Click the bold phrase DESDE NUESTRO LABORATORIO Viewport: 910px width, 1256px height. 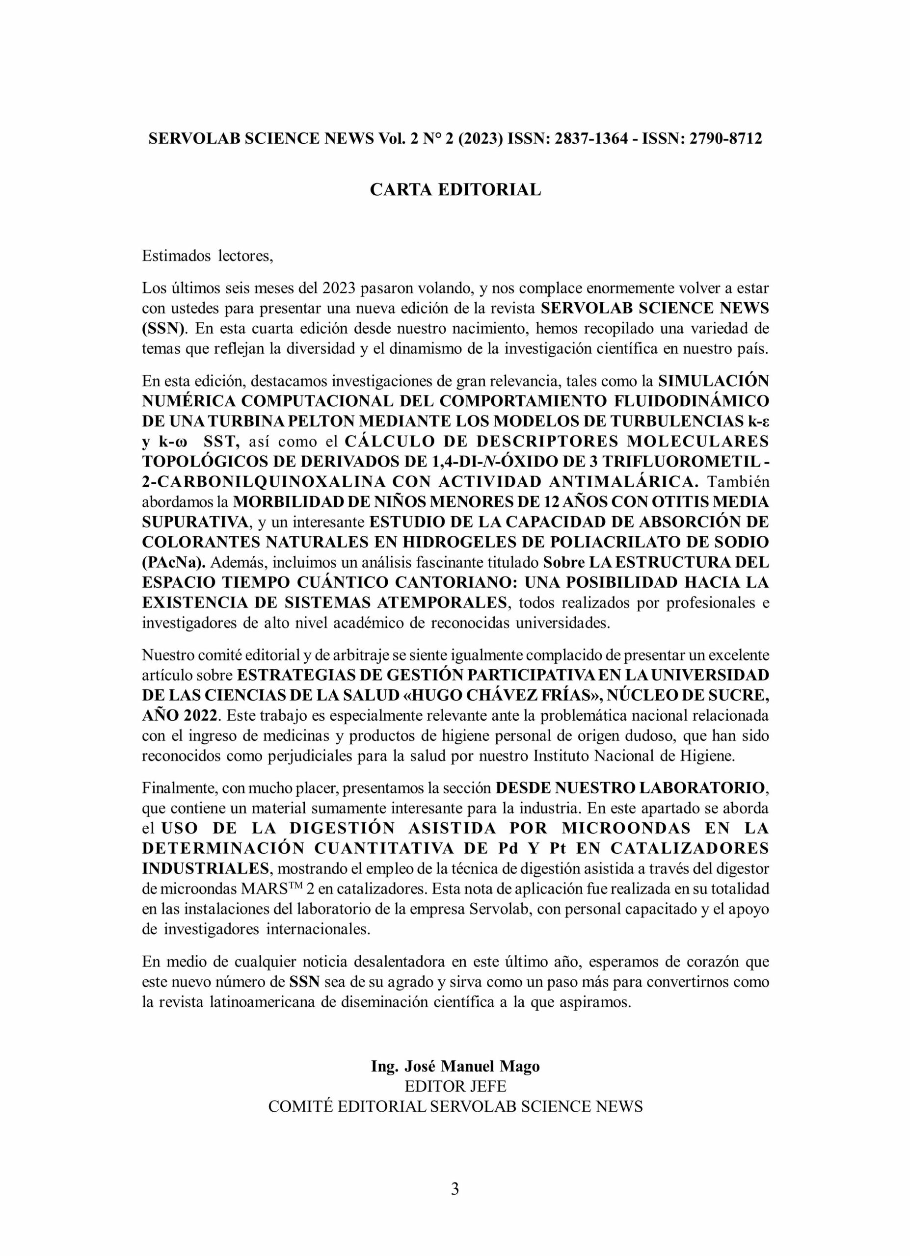click(631, 787)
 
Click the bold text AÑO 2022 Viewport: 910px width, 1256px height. click(180, 715)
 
